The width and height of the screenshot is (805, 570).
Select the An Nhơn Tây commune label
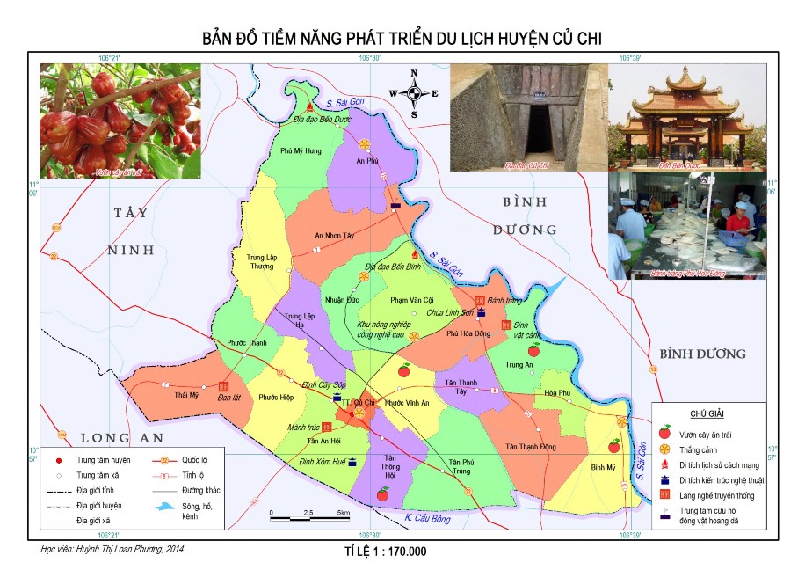tap(339, 236)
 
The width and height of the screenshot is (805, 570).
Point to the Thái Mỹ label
tap(187, 396)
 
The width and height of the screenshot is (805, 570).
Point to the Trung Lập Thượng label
tap(256, 261)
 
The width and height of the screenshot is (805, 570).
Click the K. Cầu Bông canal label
tap(428, 519)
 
